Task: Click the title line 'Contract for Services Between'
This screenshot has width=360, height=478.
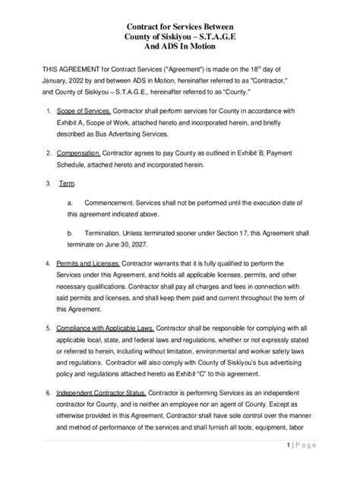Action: pyautogui.click(x=180, y=25)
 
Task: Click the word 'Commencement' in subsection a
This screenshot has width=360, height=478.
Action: pyautogui.click(x=111, y=203)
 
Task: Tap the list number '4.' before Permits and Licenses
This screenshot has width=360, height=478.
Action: pyautogui.click(x=49, y=263)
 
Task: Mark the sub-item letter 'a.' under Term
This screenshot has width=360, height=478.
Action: pyautogui.click(x=71, y=203)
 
